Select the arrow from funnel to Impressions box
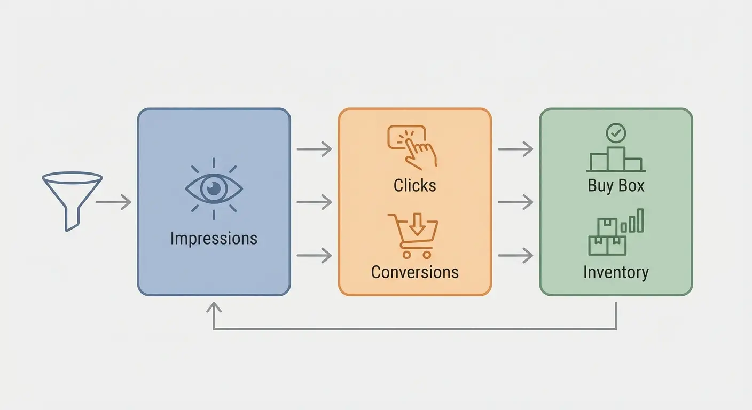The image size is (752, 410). (x=113, y=202)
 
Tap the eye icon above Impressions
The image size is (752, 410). (x=214, y=188)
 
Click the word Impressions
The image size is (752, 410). (x=214, y=238)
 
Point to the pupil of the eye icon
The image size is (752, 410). (x=214, y=188)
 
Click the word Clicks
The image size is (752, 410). (x=414, y=185)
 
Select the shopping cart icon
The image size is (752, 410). (x=413, y=235)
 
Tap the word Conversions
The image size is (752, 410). (x=414, y=272)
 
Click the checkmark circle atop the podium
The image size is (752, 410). (x=616, y=133)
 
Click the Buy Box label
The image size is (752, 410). (x=616, y=185)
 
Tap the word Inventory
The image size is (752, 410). (x=616, y=272)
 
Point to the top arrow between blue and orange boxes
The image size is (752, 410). (x=314, y=149)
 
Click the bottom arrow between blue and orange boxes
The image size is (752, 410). (x=314, y=256)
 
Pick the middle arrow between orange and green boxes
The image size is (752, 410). (x=515, y=202)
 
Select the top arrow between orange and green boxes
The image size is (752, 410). (x=515, y=149)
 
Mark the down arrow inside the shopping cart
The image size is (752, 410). (x=418, y=227)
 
